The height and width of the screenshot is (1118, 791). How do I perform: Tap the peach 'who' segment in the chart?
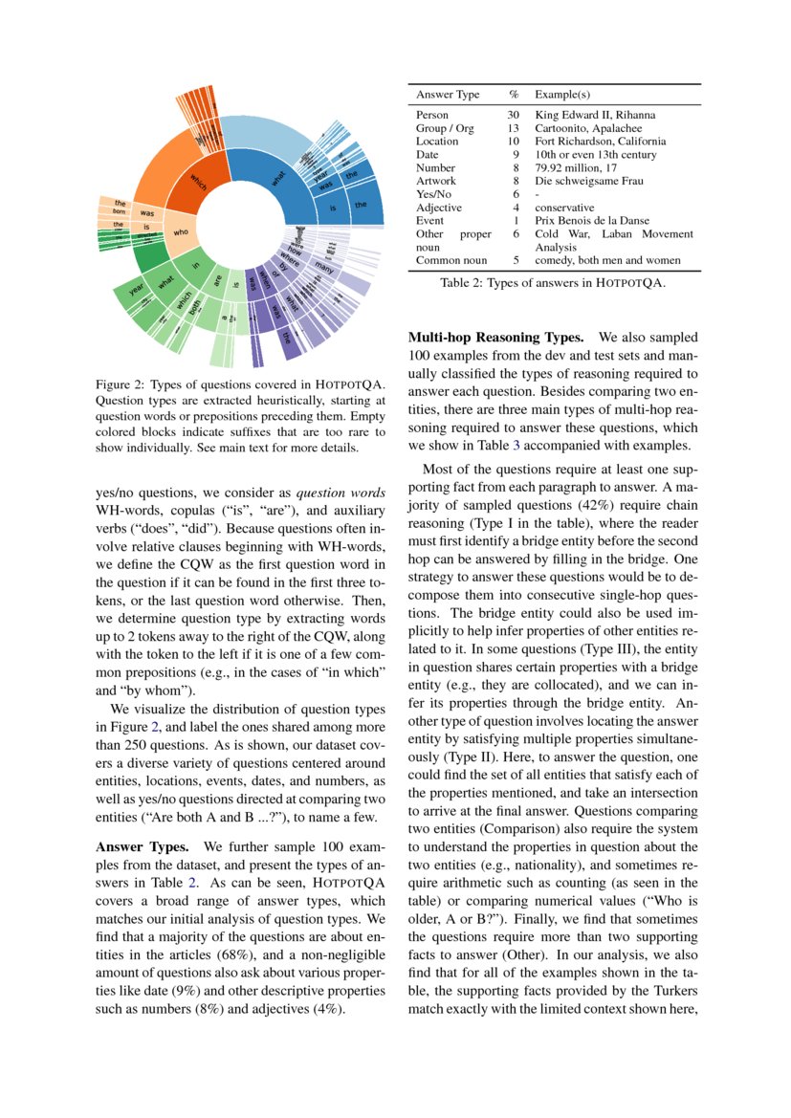(x=178, y=232)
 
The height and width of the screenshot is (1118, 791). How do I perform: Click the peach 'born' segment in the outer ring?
(x=119, y=211)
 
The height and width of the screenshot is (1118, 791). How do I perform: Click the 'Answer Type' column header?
(x=448, y=96)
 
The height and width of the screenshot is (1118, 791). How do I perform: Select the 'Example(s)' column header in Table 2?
(x=561, y=96)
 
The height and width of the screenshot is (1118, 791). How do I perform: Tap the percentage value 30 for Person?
(x=514, y=115)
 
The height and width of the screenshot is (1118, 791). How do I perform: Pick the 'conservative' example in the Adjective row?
(x=563, y=208)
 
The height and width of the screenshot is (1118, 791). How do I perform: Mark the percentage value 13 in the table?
(x=514, y=128)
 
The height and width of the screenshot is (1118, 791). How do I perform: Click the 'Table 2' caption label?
(x=464, y=283)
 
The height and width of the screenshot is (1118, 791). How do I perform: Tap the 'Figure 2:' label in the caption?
(x=121, y=385)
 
